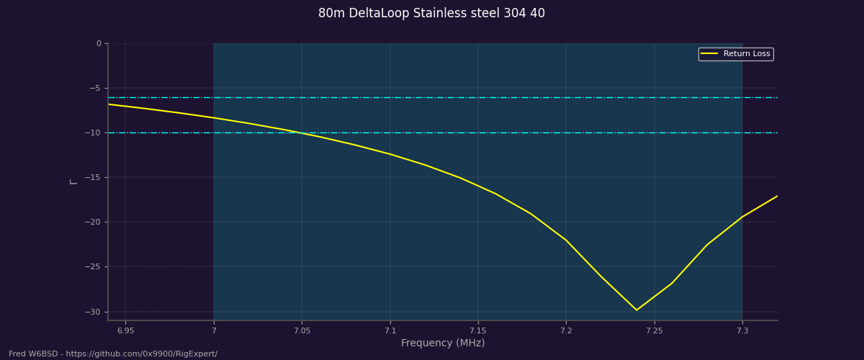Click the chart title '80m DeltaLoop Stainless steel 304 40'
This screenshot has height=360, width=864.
(431, 14)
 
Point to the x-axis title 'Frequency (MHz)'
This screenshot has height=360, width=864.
(443, 343)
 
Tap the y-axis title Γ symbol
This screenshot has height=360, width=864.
(73, 181)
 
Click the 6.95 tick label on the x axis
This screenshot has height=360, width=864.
(125, 330)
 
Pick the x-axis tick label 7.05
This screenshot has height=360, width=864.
(302, 330)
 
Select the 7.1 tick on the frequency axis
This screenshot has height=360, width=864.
(390, 330)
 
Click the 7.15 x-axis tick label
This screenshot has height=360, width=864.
(478, 330)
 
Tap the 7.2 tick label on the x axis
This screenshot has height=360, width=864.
(566, 330)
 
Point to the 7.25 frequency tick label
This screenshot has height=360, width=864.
(654, 330)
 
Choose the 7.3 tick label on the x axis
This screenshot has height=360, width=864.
(742, 330)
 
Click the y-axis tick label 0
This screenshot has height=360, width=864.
(99, 43)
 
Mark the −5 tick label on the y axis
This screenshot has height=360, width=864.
(94, 88)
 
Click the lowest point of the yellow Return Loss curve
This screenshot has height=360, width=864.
(636, 310)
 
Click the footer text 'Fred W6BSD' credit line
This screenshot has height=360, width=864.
(113, 354)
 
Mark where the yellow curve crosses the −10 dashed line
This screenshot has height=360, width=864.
(302, 133)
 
